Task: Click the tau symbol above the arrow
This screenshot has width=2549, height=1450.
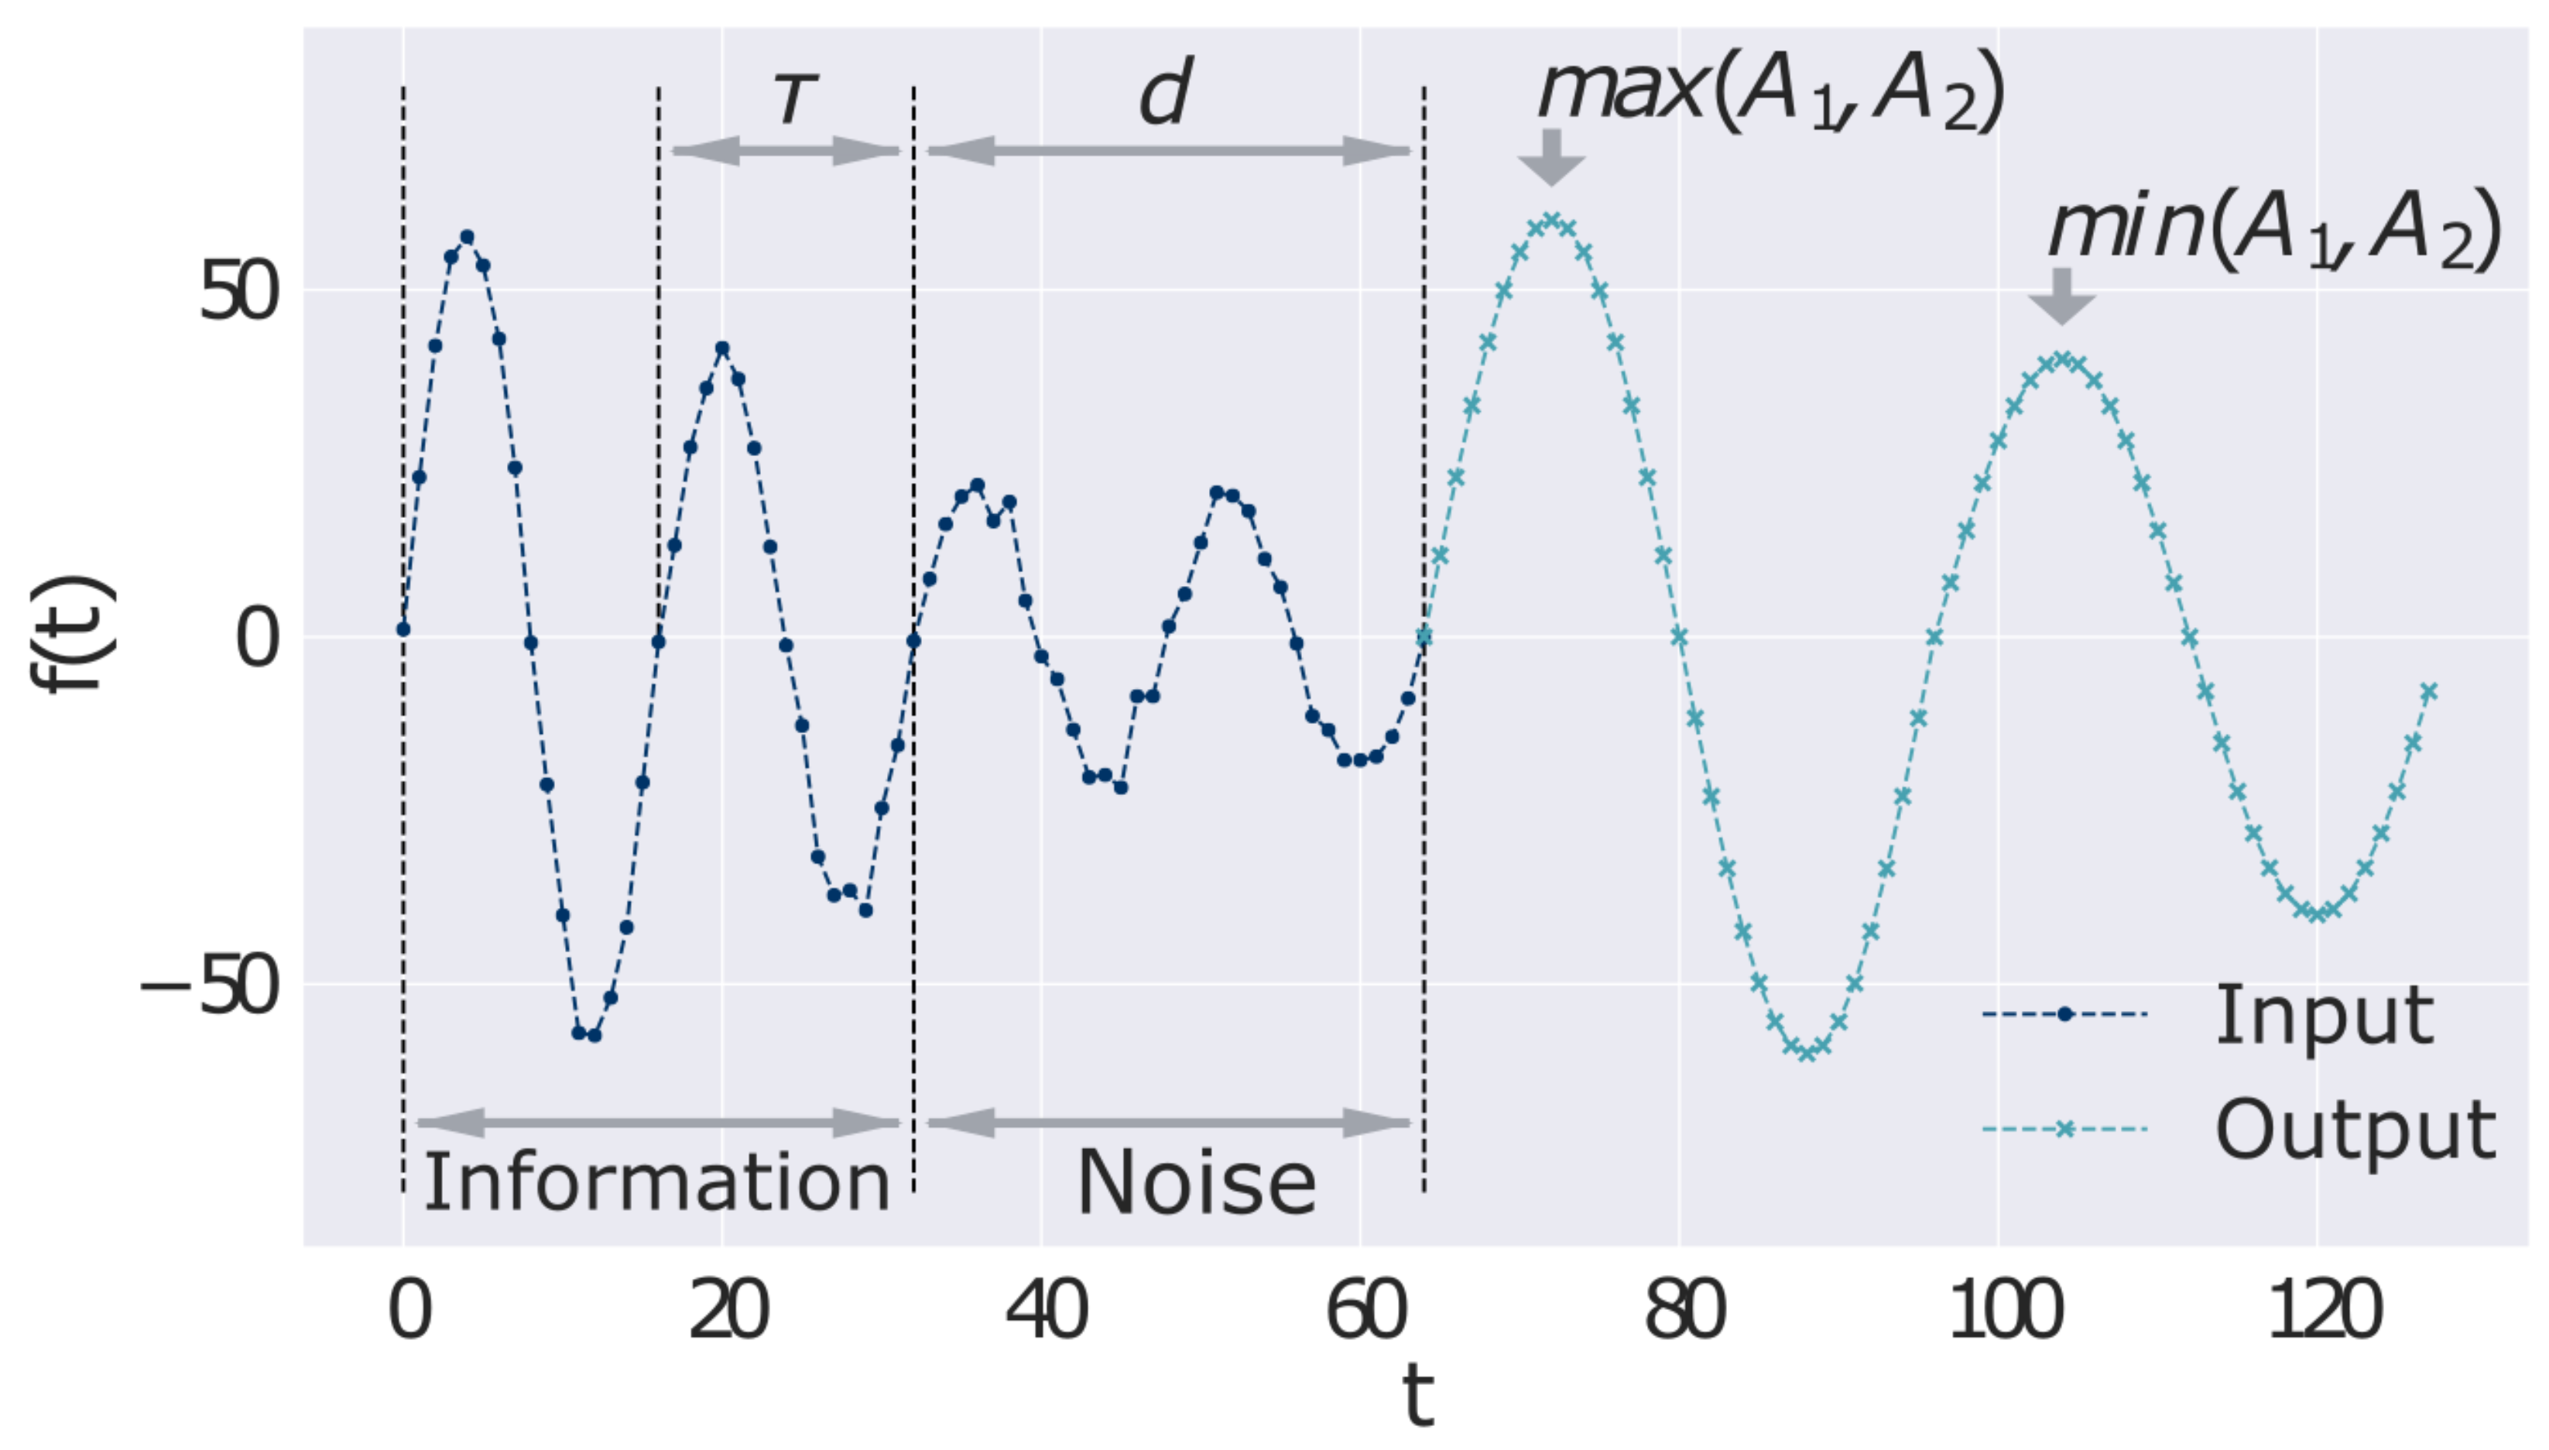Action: point(794,100)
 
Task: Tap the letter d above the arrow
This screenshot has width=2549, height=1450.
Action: point(1165,94)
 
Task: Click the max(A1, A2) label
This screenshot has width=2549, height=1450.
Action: point(1770,91)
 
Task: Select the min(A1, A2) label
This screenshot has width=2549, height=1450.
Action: point(2274,231)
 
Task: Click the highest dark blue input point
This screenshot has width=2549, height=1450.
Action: point(467,237)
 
